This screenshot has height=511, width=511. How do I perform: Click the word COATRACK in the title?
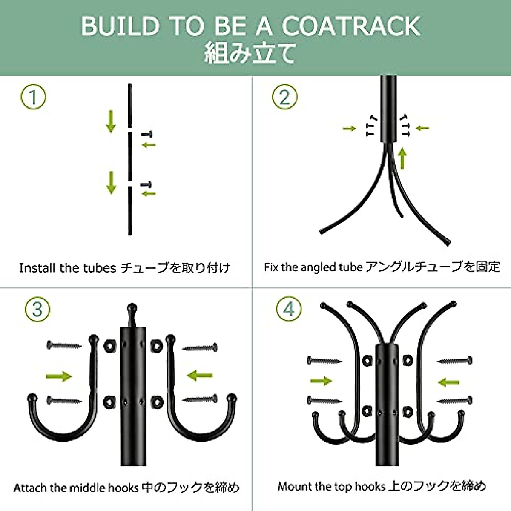click(x=351, y=26)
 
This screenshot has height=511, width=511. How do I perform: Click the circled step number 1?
click(x=33, y=98)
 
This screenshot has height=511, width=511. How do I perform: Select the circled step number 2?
click(x=284, y=97)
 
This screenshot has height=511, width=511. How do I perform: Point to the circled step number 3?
click(x=37, y=309)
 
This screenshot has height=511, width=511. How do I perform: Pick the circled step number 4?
click(x=289, y=309)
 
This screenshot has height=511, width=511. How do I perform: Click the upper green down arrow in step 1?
click(x=111, y=121)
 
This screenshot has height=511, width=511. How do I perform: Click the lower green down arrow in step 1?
click(x=111, y=182)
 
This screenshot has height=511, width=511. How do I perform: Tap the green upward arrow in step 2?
click(x=402, y=158)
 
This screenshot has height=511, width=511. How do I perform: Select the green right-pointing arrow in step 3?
click(x=59, y=376)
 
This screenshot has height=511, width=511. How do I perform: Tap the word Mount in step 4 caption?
click(x=294, y=486)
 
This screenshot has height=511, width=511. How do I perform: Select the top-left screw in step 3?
click(x=64, y=345)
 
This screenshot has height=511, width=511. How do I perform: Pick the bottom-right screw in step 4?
click(x=454, y=401)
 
